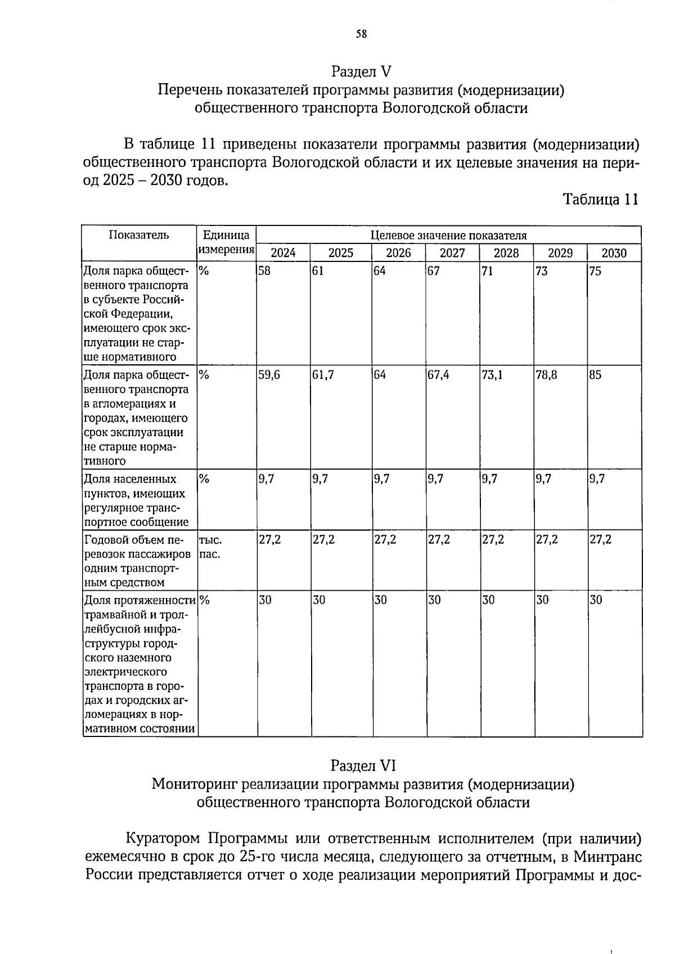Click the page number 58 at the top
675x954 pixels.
pos(361,34)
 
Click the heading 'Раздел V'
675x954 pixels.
pos(361,72)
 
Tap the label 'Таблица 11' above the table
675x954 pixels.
pos(600,200)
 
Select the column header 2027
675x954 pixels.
pos(452,253)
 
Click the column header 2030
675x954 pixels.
pos(614,253)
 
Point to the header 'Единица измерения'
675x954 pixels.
pos(226,242)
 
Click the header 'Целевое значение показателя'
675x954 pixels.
pos(448,236)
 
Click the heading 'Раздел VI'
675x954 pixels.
pos(363,766)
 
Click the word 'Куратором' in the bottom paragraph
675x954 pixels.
pos(161,839)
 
